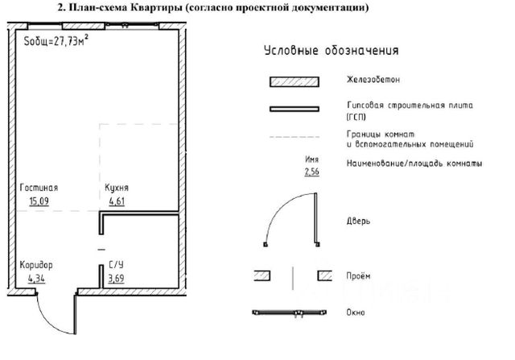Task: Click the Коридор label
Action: click(x=35, y=264)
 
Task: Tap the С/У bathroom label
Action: click(x=116, y=264)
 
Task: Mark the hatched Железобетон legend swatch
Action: click(x=295, y=81)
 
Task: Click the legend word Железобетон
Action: click(x=373, y=81)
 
